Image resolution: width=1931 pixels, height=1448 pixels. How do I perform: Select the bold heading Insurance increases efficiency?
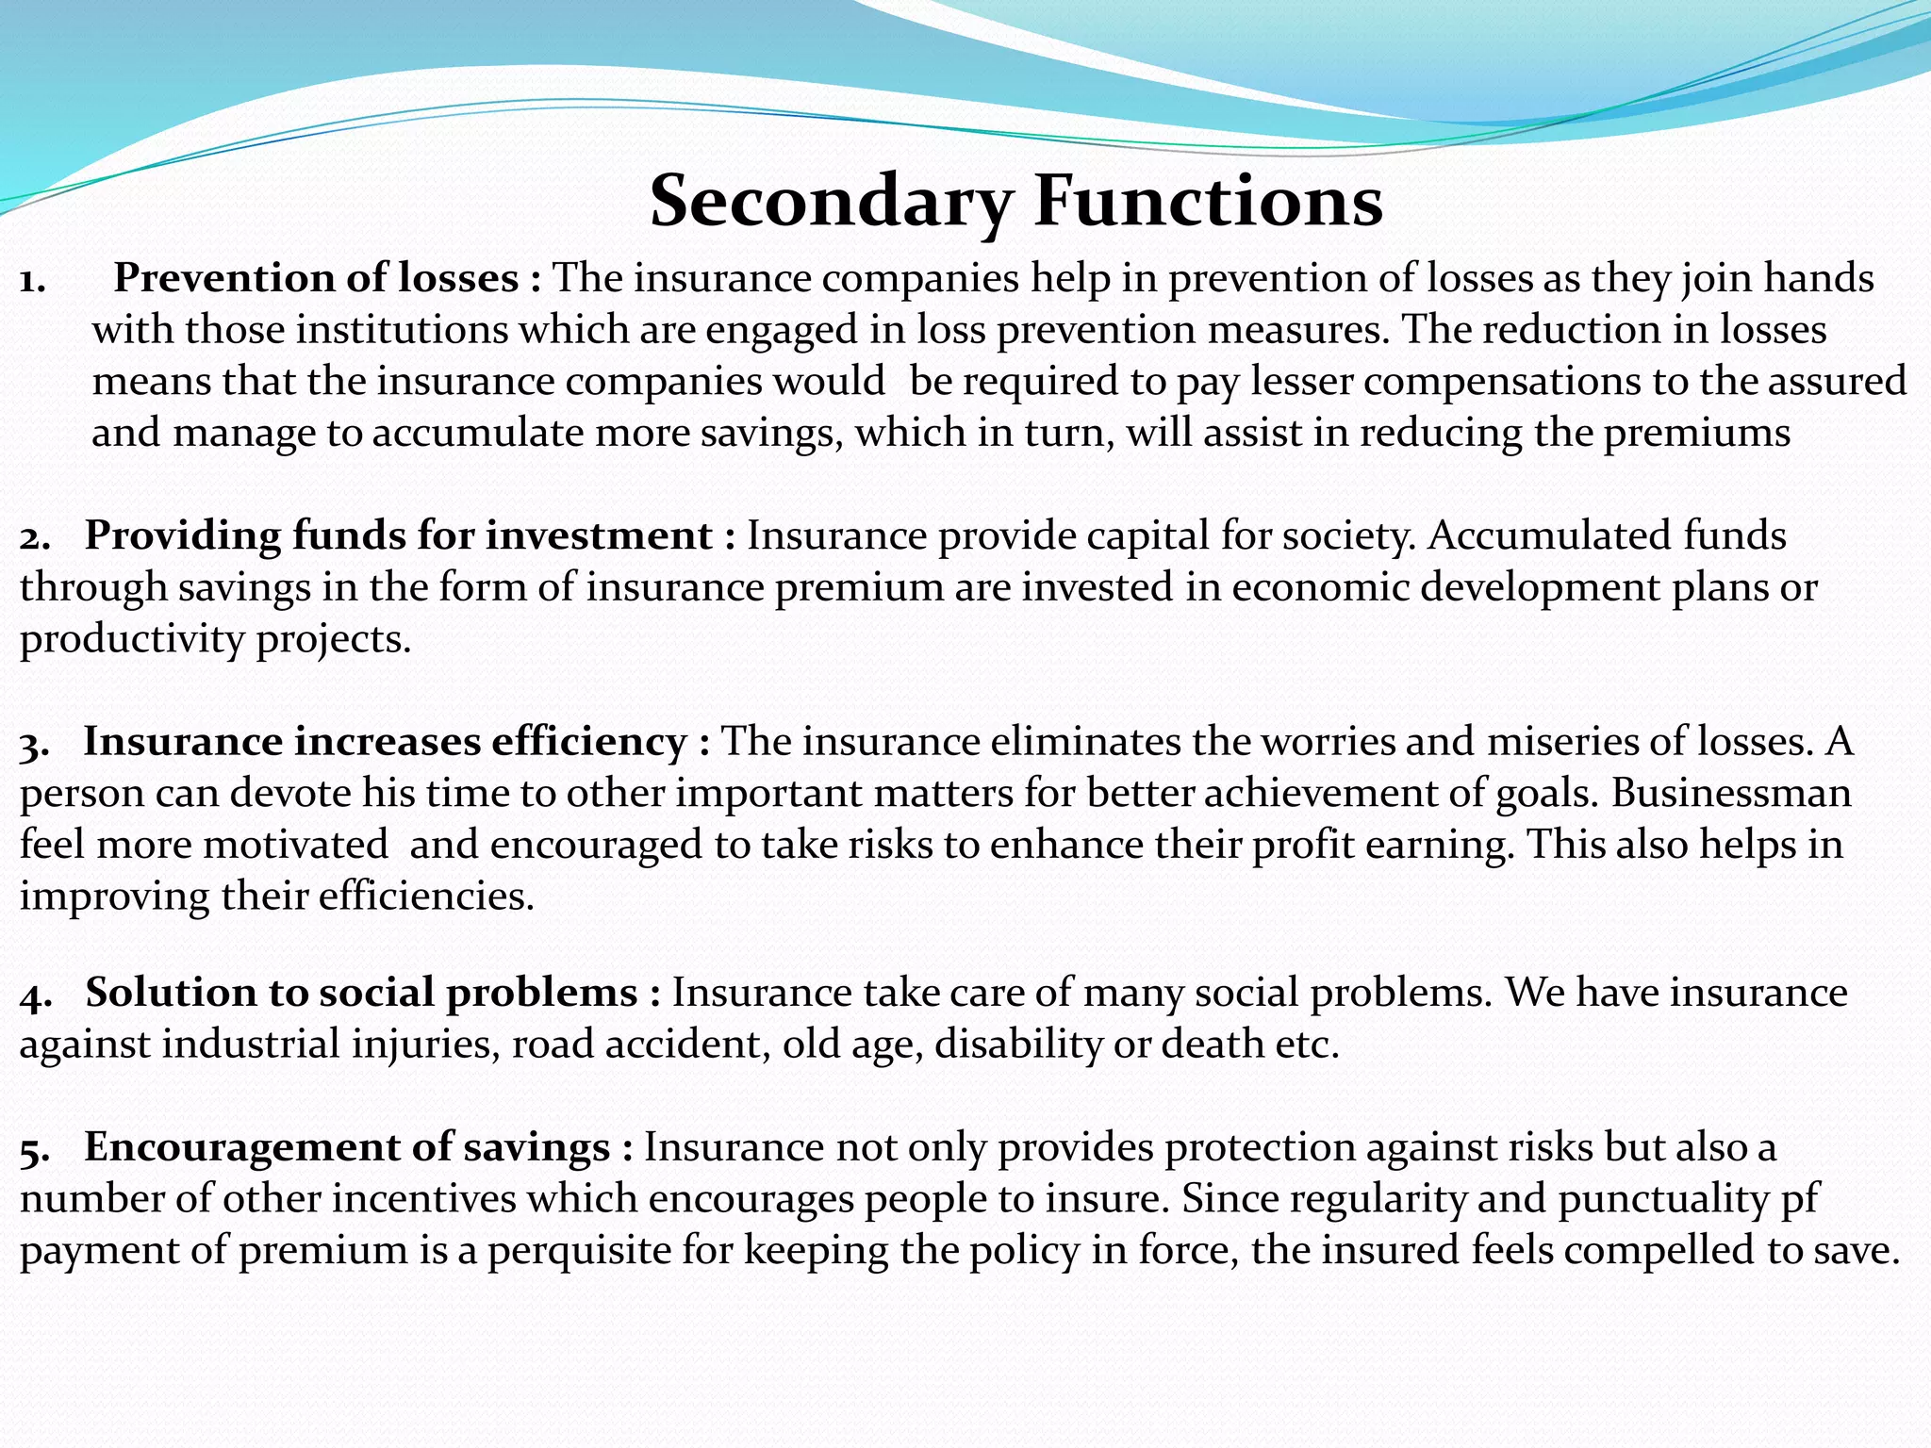pos(385,742)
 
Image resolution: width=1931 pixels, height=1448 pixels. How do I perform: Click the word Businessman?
pos(1730,794)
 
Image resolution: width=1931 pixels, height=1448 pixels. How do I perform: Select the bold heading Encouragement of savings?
pos(347,1147)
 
